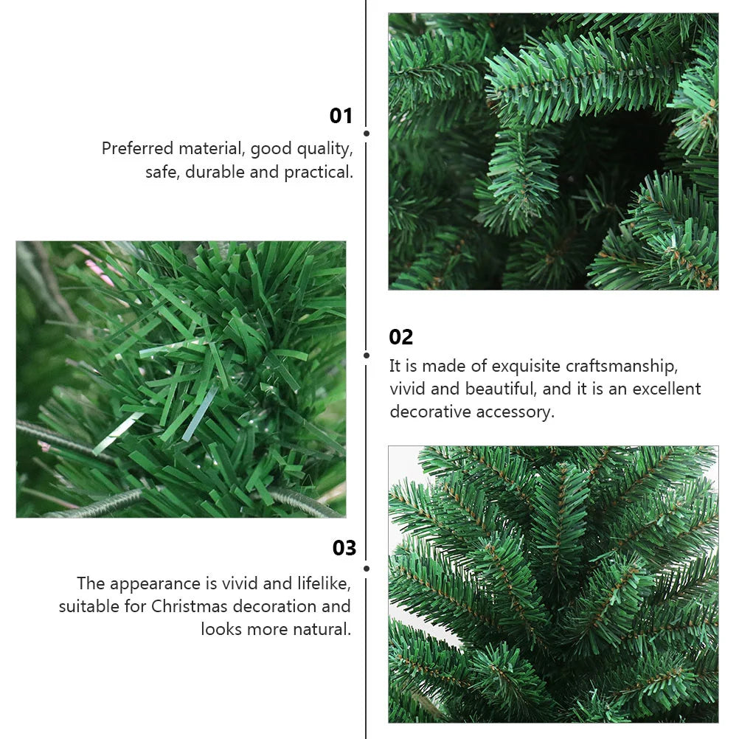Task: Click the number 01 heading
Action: (x=341, y=116)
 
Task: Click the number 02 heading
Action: (x=401, y=337)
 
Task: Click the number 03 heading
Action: (x=344, y=548)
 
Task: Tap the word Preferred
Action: (x=138, y=148)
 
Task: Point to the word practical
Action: (x=318, y=173)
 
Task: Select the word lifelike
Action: (x=324, y=583)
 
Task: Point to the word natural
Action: (x=322, y=629)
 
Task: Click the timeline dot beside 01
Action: (x=367, y=133)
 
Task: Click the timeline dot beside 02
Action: (x=367, y=355)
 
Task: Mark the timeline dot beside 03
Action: (x=367, y=569)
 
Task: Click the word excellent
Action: (x=667, y=389)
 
